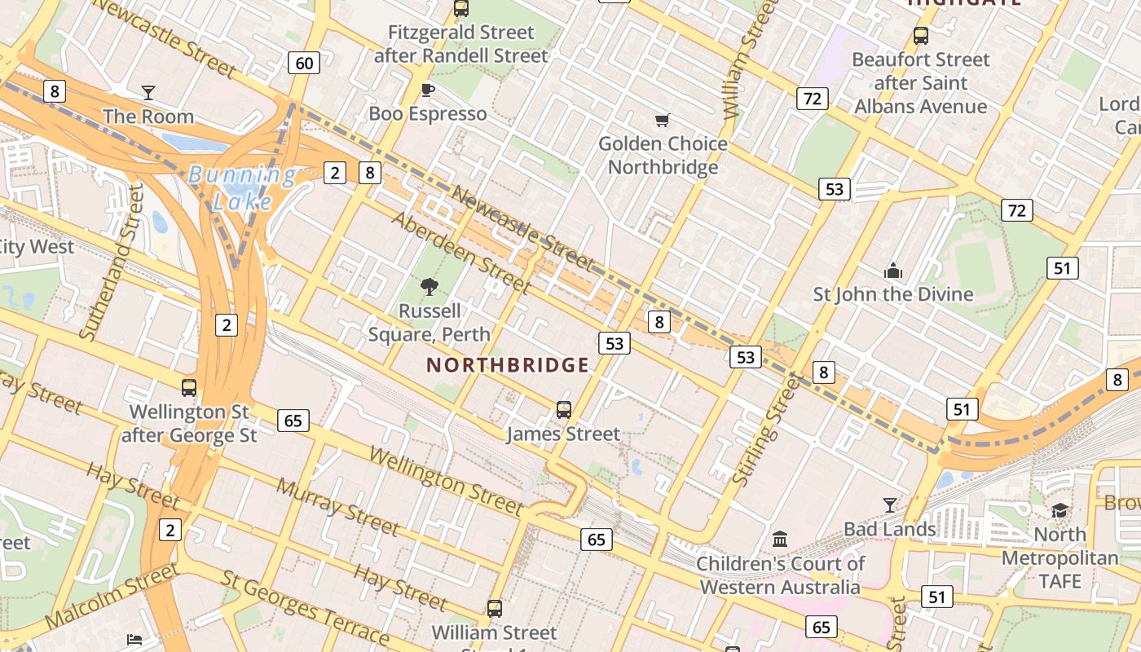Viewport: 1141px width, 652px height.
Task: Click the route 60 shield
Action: pos(303,63)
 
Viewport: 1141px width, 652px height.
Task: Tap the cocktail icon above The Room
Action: pos(148,92)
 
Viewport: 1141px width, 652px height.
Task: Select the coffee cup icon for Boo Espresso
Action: pos(427,90)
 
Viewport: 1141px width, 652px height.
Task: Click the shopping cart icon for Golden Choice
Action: pos(662,120)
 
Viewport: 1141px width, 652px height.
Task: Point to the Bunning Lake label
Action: pos(242,187)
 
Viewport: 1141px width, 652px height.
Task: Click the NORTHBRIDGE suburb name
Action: pos(508,365)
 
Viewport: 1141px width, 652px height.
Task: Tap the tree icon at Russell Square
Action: pos(429,286)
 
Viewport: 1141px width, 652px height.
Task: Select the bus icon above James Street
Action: pos(563,410)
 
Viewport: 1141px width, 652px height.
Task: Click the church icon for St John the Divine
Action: pos(893,271)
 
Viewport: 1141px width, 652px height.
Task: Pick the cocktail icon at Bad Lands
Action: pos(890,505)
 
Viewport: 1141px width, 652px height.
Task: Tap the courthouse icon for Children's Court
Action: pos(780,540)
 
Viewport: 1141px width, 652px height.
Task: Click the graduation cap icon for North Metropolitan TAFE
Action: pos(1059,511)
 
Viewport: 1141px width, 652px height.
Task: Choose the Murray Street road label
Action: pos(337,507)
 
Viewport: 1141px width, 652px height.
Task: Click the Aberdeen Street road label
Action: pos(460,252)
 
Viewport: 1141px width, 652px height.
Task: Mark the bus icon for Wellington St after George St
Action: pos(189,387)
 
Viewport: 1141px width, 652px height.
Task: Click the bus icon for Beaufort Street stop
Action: pos(921,36)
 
